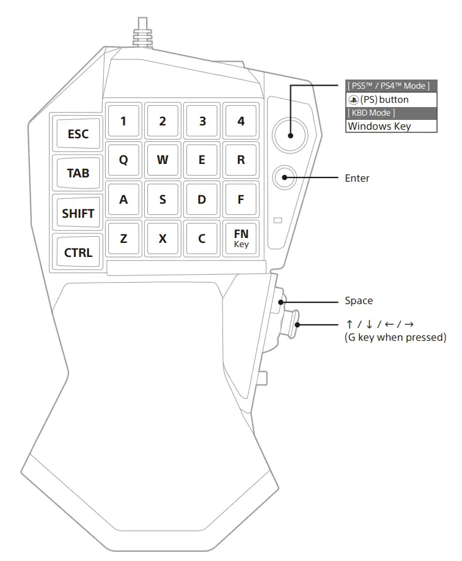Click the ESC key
click(78, 134)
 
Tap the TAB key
click(78, 173)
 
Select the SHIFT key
click(78, 214)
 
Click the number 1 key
click(123, 121)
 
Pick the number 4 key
click(241, 121)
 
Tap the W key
click(163, 160)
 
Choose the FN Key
click(241, 237)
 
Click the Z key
click(123, 239)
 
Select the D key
click(202, 199)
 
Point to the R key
click(241, 160)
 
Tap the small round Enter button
click(285, 178)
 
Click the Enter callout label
click(357, 178)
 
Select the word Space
click(359, 300)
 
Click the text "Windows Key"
click(379, 126)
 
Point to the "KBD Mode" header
click(371, 113)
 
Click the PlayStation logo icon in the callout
click(353, 99)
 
